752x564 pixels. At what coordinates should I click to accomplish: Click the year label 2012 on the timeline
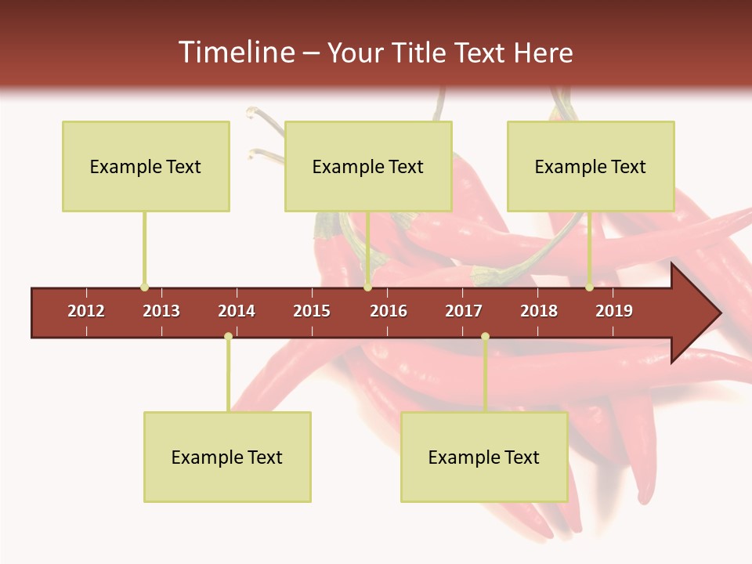pyautogui.click(x=86, y=311)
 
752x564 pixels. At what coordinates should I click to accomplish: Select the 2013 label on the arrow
pyautogui.click(x=161, y=311)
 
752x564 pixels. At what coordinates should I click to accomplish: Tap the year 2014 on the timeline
pyautogui.click(x=237, y=311)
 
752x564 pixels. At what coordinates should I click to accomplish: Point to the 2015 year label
pyautogui.click(x=312, y=311)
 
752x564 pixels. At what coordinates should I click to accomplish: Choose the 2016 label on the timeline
pyautogui.click(x=389, y=311)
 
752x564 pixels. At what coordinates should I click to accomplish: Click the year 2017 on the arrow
pyautogui.click(x=464, y=311)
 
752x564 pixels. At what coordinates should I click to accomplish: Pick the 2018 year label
pyautogui.click(x=539, y=311)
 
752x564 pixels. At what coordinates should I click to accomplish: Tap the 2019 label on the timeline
pyautogui.click(x=614, y=311)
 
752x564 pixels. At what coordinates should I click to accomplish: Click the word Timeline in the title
pyautogui.click(x=235, y=52)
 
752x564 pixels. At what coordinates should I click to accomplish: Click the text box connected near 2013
pyautogui.click(x=146, y=166)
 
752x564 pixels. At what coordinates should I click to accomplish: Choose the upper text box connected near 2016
pyautogui.click(x=368, y=166)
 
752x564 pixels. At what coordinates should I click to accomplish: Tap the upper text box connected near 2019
pyautogui.click(x=591, y=166)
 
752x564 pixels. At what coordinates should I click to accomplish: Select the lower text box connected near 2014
pyautogui.click(x=227, y=457)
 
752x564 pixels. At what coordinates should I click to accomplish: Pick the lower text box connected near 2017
pyautogui.click(x=484, y=457)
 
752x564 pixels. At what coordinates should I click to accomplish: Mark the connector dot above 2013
pyautogui.click(x=144, y=287)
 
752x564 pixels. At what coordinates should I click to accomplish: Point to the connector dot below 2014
pyautogui.click(x=228, y=336)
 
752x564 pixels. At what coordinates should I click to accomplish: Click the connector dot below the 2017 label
pyautogui.click(x=485, y=336)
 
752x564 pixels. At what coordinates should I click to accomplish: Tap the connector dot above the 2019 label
pyautogui.click(x=589, y=287)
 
